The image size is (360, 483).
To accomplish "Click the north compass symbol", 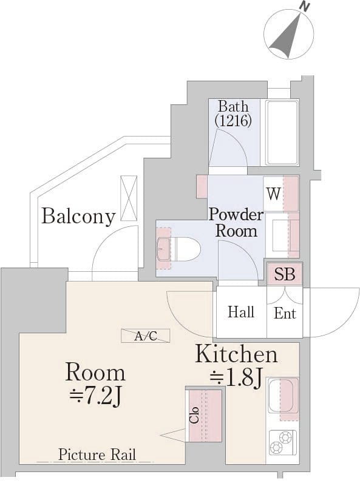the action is tap(289, 33).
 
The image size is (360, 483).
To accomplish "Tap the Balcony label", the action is tap(78, 216).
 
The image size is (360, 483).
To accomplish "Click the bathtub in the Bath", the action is tap(282, 132).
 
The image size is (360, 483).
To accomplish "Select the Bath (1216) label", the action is tap(233, 113).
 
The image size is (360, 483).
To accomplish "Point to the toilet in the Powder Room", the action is tap(178, 249).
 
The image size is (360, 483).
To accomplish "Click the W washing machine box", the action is tap(273, 194).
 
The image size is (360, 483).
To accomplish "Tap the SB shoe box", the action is tap(285, 274).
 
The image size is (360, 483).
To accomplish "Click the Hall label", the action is tap(241, 312).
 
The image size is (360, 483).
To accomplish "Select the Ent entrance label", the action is tap(285, 313).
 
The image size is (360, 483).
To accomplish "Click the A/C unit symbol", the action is tap(146, 336).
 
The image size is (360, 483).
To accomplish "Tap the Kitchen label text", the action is tap(237, 354).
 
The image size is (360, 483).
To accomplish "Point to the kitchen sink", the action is tap(281, 396).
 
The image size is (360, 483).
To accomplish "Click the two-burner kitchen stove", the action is tap(282, 442).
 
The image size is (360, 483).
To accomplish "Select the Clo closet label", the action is tap(194, 414).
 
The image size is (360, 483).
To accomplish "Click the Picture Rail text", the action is tap(97, 454).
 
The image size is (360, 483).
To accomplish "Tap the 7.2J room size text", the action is tap(95, 397).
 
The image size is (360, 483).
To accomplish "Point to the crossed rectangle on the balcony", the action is tap(129, 198).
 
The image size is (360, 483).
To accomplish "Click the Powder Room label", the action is tap(236, 223).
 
